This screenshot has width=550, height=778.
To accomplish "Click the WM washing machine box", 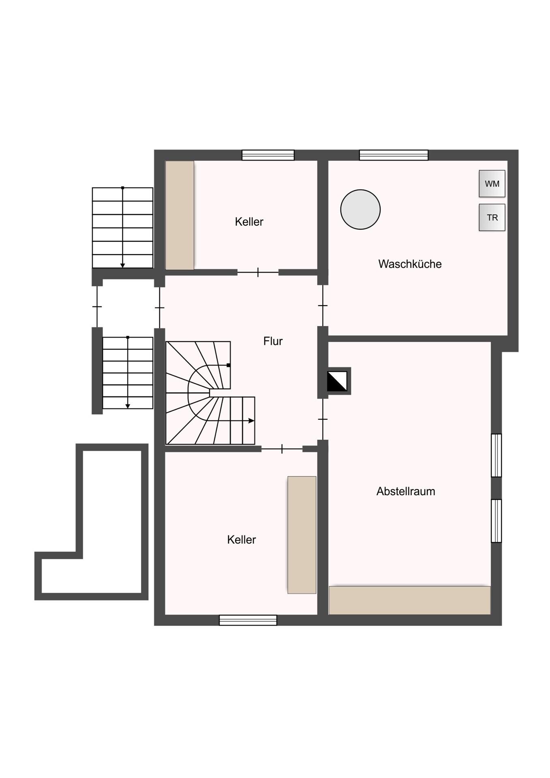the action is click(x=492, y=184).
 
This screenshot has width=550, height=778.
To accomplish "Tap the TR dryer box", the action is click(x=492, y=218).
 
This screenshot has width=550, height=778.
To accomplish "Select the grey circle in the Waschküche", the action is click(x=360, y=209).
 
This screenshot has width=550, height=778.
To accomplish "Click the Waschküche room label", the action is click(x=410, y=264).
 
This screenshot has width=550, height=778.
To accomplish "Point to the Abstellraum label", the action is click(x=406, y=492).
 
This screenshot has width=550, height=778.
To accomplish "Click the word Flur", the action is click(x=273, y=341).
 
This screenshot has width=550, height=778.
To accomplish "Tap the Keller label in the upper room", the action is click(x=249, y=222).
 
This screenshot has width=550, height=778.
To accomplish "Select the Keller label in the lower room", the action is click(x=242, y=540).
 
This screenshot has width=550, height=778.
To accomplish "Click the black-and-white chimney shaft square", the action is click(x=337, y=381).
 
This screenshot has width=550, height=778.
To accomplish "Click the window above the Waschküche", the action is click(x=394, y=155).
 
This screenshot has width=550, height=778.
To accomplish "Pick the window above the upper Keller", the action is click(x=268, y=155).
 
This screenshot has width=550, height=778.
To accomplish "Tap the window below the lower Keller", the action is click(x=248, y=620).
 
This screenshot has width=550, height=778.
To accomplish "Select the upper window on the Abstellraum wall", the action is click(x=496, y=455).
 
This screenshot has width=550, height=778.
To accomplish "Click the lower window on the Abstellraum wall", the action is click(x=496, y=521).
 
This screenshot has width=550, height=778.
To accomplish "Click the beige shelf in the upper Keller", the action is click(x=180, y=215).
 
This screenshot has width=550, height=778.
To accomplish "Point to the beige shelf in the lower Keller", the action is click(x=302, y=535).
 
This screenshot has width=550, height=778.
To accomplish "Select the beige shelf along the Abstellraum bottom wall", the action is click(x=410, y=600).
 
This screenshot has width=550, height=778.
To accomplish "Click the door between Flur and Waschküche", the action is click(x=323, y=306).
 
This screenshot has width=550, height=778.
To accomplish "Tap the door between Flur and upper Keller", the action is click(x=258, y=273).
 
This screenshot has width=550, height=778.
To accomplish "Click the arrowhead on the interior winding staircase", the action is click(x=251, y=421).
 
